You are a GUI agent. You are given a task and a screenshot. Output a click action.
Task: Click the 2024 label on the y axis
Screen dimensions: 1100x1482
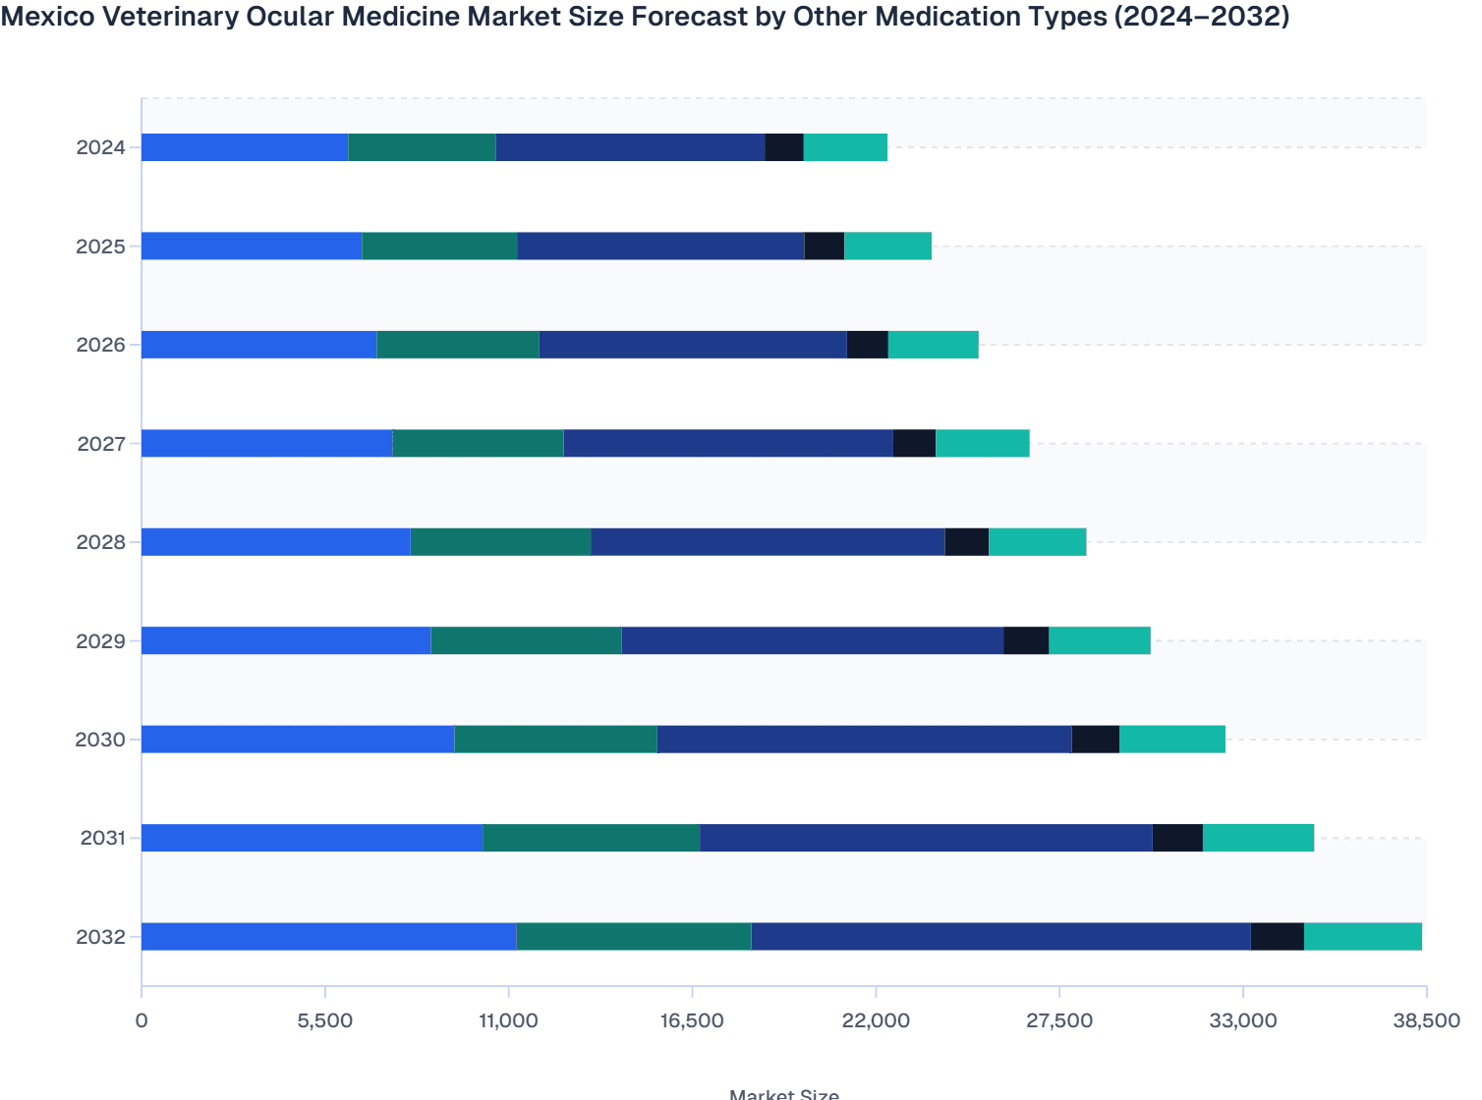[101, 148]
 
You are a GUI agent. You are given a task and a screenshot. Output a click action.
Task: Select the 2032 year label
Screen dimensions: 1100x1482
[101, 937]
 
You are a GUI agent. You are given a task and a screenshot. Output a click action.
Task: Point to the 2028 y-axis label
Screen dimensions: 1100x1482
[101, 542]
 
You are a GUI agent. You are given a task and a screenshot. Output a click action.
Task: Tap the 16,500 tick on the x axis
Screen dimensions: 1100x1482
[692, 1020]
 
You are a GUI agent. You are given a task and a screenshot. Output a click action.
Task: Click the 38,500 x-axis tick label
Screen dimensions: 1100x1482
[1426, 1020]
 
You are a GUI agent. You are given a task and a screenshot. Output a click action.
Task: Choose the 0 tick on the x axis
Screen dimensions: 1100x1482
[142, 1020]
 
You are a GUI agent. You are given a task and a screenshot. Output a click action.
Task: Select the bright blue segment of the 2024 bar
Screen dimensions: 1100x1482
[245, 147]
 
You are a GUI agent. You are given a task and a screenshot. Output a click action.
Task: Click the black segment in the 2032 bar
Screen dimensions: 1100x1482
[1277, 936]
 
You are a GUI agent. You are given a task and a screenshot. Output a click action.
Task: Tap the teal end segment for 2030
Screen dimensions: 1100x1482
[1171, 739]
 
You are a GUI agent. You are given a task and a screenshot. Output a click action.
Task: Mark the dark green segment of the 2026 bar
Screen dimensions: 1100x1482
[457, 345]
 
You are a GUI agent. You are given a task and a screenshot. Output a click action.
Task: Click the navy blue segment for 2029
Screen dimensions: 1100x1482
[812, 640]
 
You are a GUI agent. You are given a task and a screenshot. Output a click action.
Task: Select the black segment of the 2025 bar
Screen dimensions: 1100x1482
[824, 246]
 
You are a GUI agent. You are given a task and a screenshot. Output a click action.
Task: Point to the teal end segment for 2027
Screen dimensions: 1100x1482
[982, 443]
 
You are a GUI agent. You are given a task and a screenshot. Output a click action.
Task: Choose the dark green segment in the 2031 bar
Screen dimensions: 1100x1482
[591, 838]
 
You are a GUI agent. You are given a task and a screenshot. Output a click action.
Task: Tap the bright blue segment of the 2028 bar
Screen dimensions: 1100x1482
[275, 542]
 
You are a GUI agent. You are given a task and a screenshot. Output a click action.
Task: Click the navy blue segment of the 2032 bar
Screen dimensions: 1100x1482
[1000, 936]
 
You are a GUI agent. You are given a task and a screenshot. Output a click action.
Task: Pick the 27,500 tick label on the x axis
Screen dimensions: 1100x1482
[1058, 1020]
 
